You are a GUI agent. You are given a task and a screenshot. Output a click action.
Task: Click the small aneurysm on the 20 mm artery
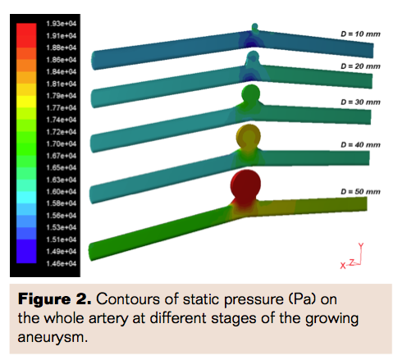[x=253, y=58]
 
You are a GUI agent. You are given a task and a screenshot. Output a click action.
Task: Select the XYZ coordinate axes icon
[x=354, y=257]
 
